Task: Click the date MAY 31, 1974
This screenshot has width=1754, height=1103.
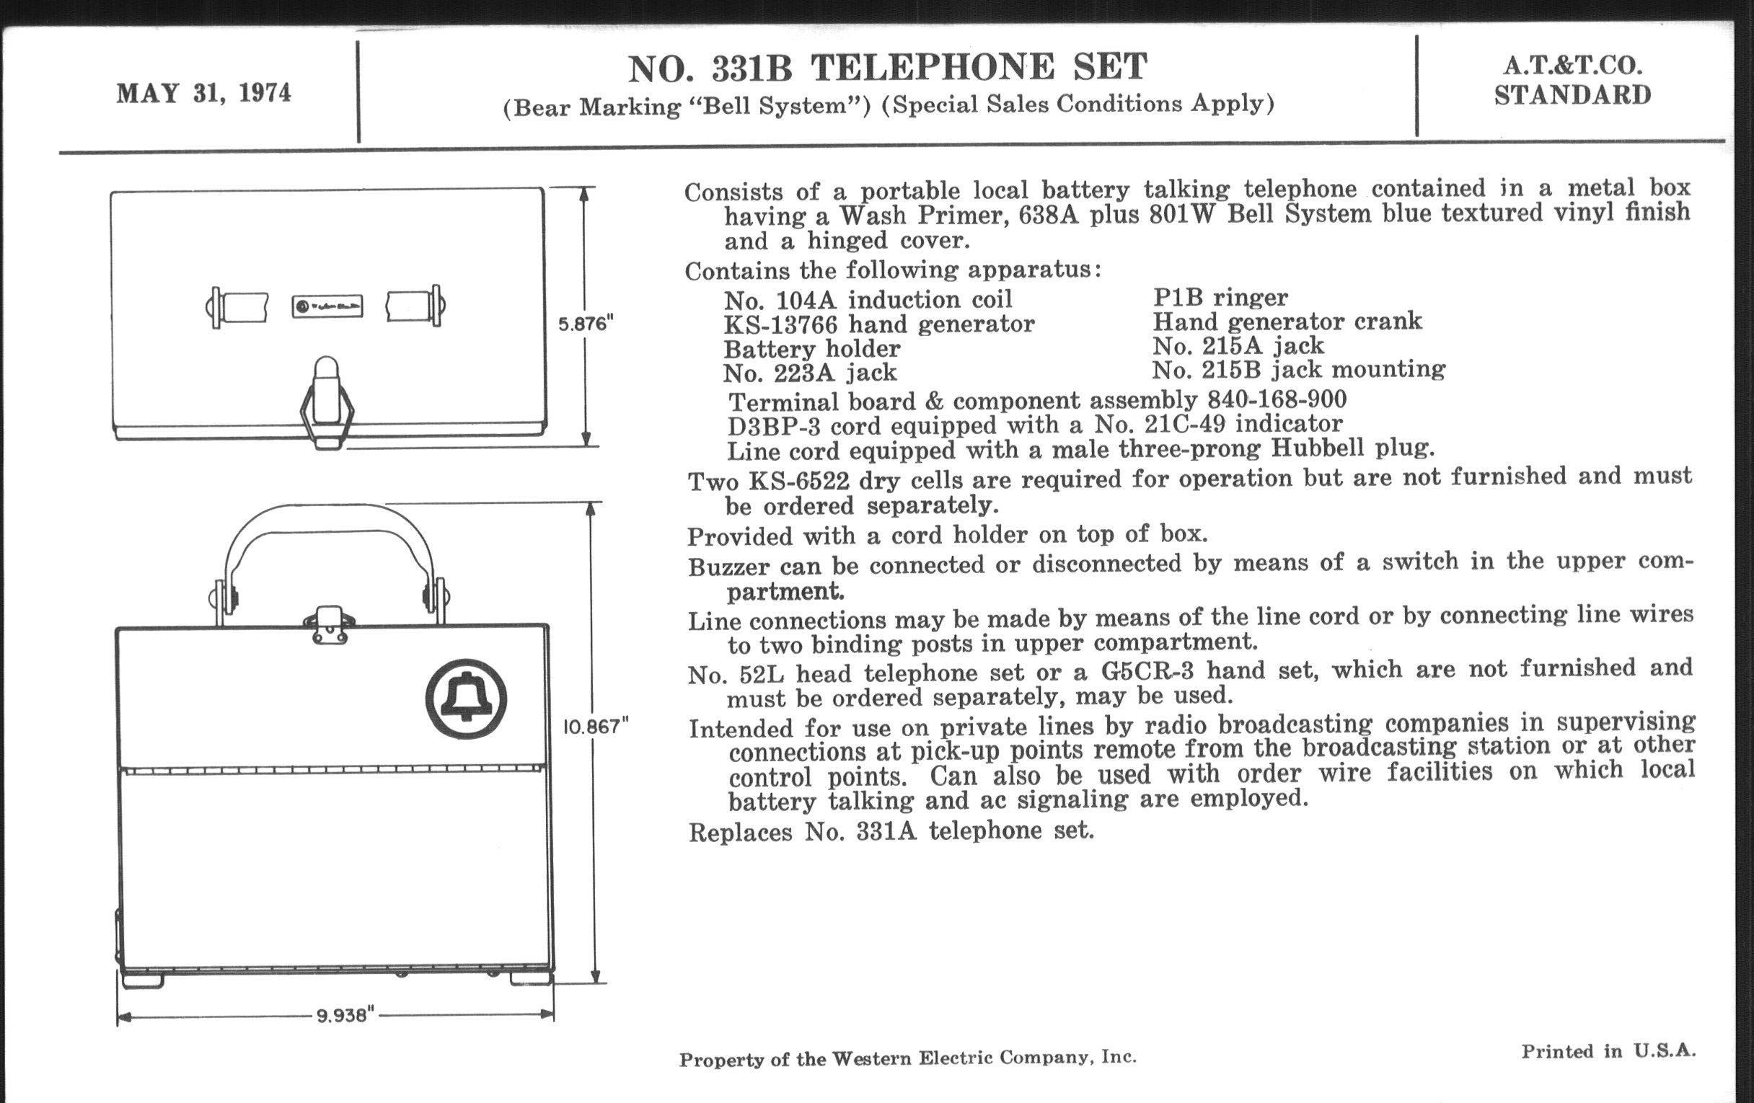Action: pyautogui.click(x=203, y=94)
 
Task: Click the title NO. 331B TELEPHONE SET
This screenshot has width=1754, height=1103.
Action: pyautogui.click(x=887, y=68)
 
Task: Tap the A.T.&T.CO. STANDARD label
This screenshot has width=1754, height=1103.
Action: pyautogui.click(x=1573, y=81)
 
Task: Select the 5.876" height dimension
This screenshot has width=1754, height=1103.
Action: pyautogui.click(x=586, y=323)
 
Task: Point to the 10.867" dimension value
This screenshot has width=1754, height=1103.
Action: pyautogui.click(x=595, y=726)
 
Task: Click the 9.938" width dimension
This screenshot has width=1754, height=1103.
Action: pyautogui.click(x=345, y=1015)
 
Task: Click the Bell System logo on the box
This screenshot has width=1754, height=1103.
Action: pyautogui.click(x=466, y=699)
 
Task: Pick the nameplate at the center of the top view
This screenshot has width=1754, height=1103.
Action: pyautogui.click(x=327, y=306)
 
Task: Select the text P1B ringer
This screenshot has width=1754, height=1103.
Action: pyautogui.click(x=1220, y=298)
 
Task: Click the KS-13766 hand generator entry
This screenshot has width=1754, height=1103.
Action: pyautogui.click(x=878, y=324)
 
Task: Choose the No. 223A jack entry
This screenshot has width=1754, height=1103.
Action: pyautogui.click(x=810, y=373)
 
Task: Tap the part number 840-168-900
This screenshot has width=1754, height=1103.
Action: pyautogui.click(x=1277, y=399)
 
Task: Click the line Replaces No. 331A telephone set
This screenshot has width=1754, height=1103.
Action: pyautogui.click(x=891, y=830)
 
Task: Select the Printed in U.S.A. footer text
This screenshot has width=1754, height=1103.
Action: pyautogui.click(x=1608, y=1051)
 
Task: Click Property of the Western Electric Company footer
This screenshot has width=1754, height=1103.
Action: pyautogui.click(x=907, y=1058)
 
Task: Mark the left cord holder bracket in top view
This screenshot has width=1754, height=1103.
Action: pyautogui.click(x=237, y=307)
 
